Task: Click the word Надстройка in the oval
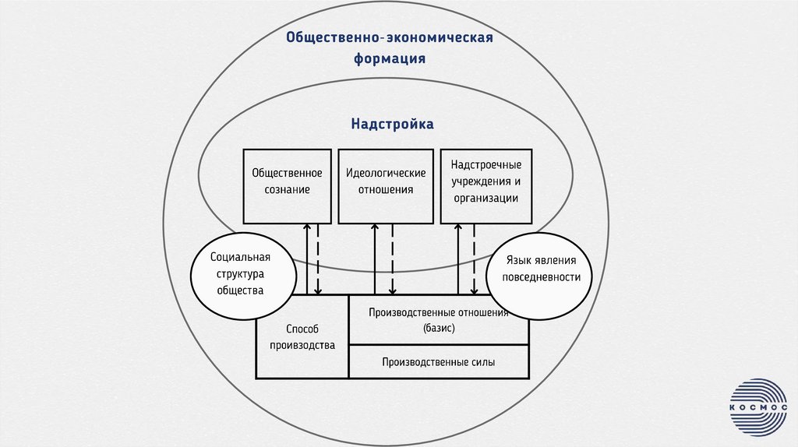pyautogui.click(x=391, y=124)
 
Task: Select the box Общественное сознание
pyautogui.click(x=287, y=185)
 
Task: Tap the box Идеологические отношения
pyautogui.click(x=386, y=185)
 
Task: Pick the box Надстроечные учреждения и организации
pyautogui.click(x=486, y=185)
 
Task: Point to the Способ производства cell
pyautogui.click(x=302, y=337)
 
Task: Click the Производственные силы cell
pyautogui.click(x=438, y=362)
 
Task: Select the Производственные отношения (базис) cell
pyautogui.click(x=438, y=320)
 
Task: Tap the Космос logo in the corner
pyautogui.click(x=757, y=407)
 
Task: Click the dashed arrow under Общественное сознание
pyautogui.click(x=318, y=259)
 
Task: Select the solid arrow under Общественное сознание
pyautogui.click(x=307, y=259)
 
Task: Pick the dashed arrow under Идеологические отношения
pyautogui.click(x=392, y=259)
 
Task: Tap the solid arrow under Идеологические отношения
pyautogui.click(x=376, y=259)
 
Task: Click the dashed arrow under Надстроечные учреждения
pyautogui.click(x=473, y=259)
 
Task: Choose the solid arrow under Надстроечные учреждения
pyautogui.click(x=457, y=259)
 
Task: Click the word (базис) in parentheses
pyautogui.click(x=439, y=329)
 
